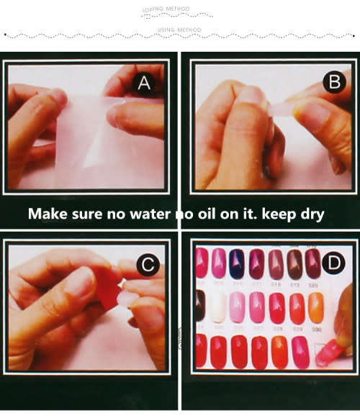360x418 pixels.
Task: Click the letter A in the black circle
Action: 144,85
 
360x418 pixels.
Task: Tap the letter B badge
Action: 332,82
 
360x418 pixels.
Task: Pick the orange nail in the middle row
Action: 315,308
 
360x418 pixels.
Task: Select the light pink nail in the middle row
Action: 238,308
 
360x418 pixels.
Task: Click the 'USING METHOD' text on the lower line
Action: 179,29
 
